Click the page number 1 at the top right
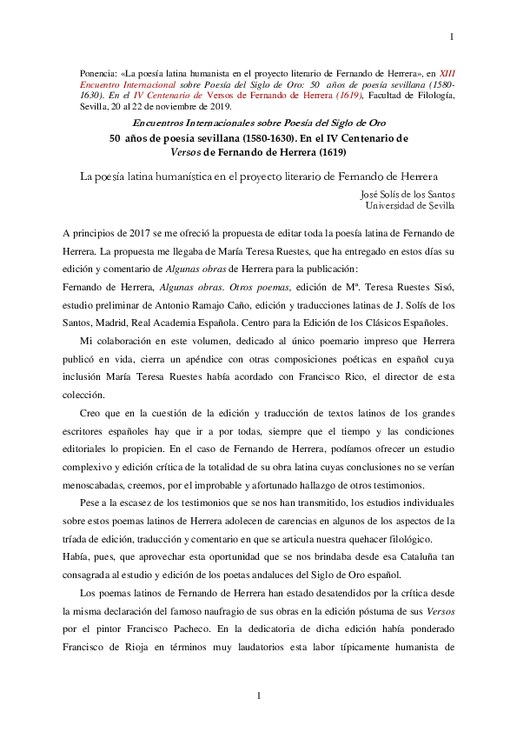tap(451, 37)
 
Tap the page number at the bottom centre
tap(258, 695)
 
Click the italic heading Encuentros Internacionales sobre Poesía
tap(257, 123)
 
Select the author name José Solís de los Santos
tap(406, 194)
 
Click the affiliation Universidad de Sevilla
tap(408, 206)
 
